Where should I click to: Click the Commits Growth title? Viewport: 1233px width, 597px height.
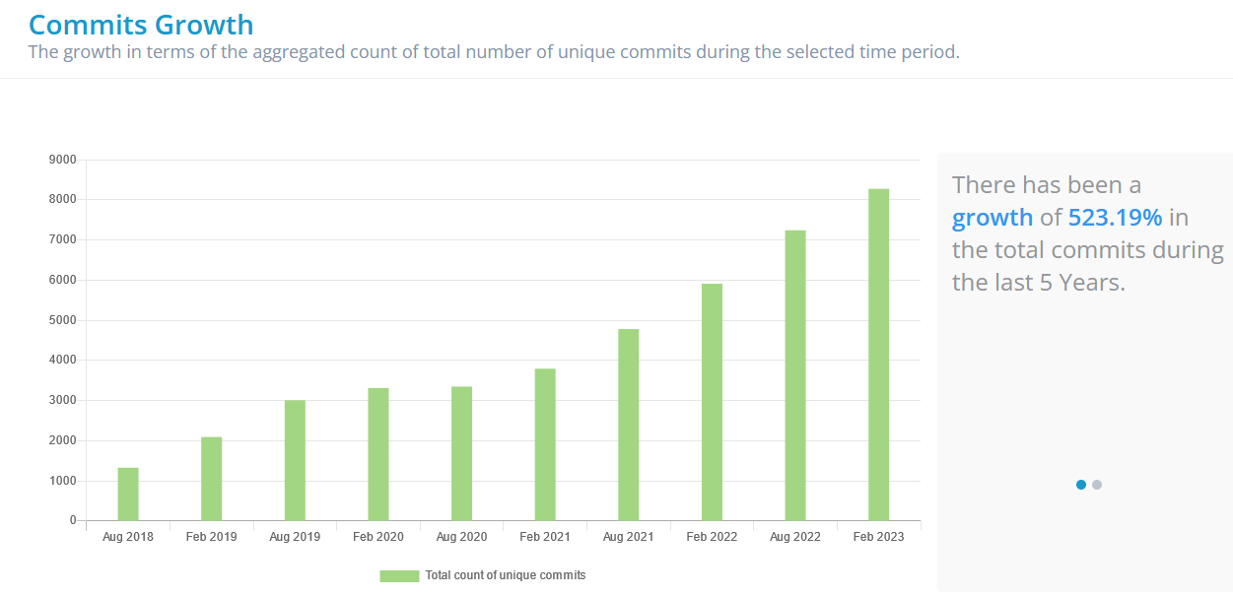coord(141,25)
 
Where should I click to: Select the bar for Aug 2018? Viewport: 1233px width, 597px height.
coord(128,494)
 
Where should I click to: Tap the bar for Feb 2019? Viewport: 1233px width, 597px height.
coord(211,479)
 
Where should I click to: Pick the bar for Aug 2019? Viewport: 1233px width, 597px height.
coord(295,460)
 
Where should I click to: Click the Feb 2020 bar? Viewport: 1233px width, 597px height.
coord(378,454)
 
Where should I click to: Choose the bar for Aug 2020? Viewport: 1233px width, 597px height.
coord(461,453)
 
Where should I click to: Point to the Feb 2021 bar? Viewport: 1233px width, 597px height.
coord(545,444)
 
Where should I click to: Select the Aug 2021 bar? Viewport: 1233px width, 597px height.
coord(629,425)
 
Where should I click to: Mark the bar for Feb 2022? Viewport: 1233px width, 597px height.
coord(712,402)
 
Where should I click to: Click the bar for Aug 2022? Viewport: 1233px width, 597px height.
coord(795,375)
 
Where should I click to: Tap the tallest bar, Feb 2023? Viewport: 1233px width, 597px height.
coord(878,355)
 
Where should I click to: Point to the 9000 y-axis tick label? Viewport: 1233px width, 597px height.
coord(62,160)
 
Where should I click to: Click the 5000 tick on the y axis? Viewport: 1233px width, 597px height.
coord(62,320)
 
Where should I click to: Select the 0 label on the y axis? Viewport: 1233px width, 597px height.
coord(73,520)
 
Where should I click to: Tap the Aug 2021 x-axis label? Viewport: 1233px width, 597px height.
coord(628,537)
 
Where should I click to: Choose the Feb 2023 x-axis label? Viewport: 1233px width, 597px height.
coord(878,537)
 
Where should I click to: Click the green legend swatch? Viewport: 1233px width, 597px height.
coord(399,575)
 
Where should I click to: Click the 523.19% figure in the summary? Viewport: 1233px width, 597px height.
coord(1115,218)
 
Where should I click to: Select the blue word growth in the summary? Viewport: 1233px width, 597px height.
coord(992,218)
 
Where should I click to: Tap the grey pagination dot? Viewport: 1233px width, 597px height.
coord(1097,485)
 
